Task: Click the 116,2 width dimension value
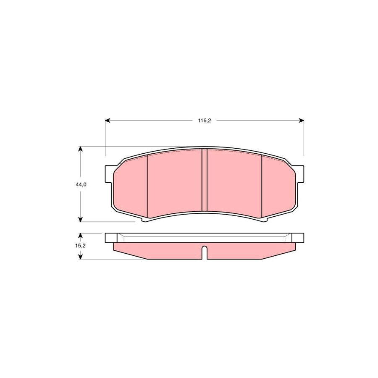coord(204,121)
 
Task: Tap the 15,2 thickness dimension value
coord(81,246)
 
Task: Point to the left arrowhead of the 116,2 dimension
coord(108,121)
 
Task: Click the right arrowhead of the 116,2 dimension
coord(301,121)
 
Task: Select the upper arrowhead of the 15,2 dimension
coord(80,236)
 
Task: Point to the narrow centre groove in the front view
coord(205,181)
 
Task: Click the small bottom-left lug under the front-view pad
coord(145,220)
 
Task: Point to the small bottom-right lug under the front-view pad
coord(264,220)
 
